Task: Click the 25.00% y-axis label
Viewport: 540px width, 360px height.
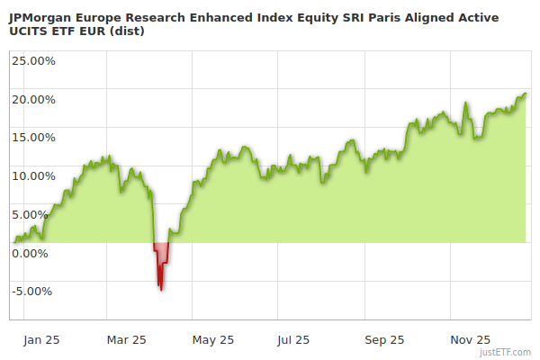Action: coord(32,61)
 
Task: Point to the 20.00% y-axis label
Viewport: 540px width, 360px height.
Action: coord(32,99)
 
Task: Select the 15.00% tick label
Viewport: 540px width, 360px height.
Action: coord(32,138)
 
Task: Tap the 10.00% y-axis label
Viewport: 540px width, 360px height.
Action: coord(32,175)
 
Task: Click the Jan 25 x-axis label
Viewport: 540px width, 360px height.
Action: coord(41,340)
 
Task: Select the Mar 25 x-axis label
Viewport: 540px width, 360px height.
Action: coord(126,340)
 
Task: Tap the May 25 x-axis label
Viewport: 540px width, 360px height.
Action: coord(213,340)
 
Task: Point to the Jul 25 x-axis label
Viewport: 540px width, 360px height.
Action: coord(294,340)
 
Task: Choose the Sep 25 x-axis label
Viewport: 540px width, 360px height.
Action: coord(384,340)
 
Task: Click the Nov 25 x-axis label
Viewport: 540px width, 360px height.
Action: coord(471,340)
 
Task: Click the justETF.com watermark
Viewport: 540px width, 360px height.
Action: coord(507,352)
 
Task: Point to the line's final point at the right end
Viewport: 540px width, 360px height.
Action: coord(526,94)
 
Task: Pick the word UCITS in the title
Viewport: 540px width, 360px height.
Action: coord(26,31)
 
